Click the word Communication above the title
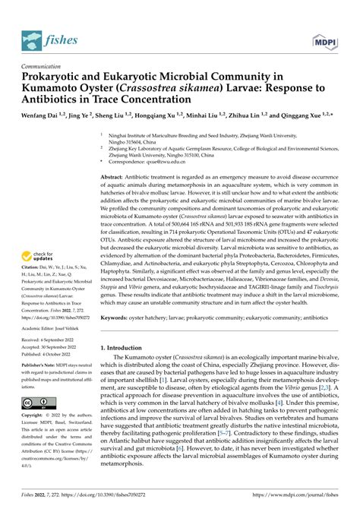[44, 66]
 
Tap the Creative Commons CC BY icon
[36, 402]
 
